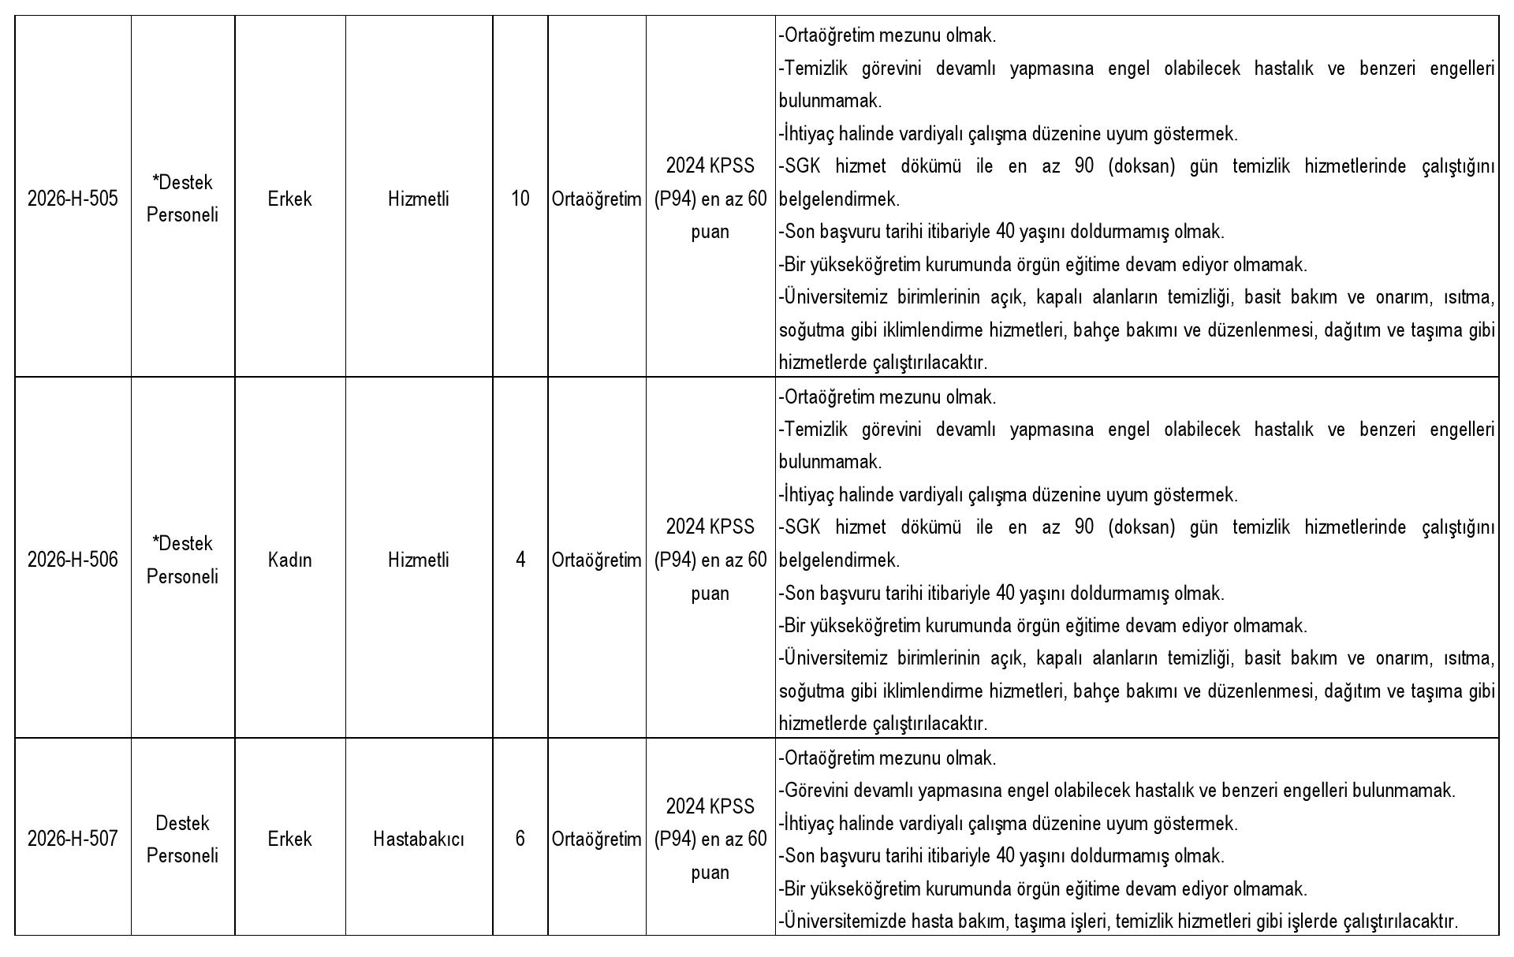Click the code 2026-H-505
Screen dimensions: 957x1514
(x=73, y=199)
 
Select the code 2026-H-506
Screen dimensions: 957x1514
(x=73, y=560)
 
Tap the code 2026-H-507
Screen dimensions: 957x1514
(x=73, y=839)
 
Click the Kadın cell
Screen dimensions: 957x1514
(x=289, y=560)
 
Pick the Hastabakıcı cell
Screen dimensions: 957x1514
(x=419, y=839)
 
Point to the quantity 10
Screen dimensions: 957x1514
(x=520, y=199)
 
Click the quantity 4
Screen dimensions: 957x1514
(x=520, y=560)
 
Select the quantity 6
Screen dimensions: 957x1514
(x=520, y=839)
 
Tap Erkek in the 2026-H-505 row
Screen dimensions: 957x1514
(x=289, y=199)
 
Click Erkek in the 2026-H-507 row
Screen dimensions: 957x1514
(x=289, y=839)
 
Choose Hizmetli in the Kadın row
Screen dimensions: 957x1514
(x=419, y=560)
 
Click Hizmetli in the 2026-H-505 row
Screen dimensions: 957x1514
(x=419, y=199)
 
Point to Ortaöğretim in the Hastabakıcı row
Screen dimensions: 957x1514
(x=597, y=839)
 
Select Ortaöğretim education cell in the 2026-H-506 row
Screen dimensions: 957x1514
(x=597, y=560)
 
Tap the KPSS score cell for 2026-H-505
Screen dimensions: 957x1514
(x=710, y=199)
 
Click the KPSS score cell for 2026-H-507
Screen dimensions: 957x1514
(x=710, y=839)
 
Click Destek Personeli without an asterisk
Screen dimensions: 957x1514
(x=182, y=839)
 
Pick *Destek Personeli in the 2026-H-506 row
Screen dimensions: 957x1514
(x=182, y=560)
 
